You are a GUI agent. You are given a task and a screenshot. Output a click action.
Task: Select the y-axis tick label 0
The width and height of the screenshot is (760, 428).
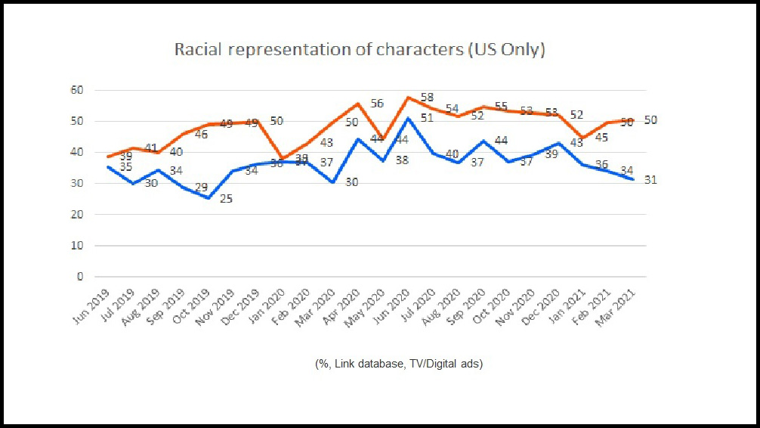click(79, 277)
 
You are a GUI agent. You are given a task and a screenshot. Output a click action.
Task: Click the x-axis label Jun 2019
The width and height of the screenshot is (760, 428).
click(93, 305)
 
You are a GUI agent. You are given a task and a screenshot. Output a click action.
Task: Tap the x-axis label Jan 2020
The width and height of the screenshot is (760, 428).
click(268, 305)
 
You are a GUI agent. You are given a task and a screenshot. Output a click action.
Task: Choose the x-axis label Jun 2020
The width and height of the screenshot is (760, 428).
click(394, 305)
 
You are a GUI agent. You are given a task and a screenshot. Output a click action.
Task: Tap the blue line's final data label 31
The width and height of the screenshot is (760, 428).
click(650, 180)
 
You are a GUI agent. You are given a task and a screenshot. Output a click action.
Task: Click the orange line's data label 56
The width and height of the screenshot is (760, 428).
click(378, 104)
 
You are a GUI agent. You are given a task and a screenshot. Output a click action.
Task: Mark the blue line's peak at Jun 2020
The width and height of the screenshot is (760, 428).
click(409, 118)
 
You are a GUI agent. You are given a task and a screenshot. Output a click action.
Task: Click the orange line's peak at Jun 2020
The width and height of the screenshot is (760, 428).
click(409, 97)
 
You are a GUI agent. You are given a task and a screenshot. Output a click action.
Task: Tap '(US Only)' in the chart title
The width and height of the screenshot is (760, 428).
click(505, 51)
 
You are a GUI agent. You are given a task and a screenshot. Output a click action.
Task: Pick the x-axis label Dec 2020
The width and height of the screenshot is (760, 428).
click(544, 305)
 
